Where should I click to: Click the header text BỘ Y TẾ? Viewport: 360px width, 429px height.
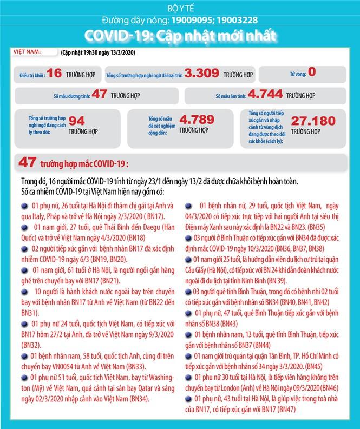click(x=180, y=7)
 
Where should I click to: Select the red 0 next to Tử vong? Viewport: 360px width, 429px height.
click(x=312, y=71)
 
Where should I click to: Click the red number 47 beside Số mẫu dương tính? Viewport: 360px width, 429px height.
click(x=99, y=94)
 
